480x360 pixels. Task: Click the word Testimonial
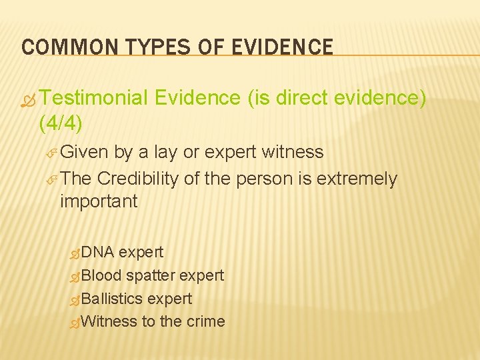pos(93,99)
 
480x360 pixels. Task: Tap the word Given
pos(83,153)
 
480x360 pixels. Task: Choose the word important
pos(99,201)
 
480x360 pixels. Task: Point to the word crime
pos(206,321)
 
